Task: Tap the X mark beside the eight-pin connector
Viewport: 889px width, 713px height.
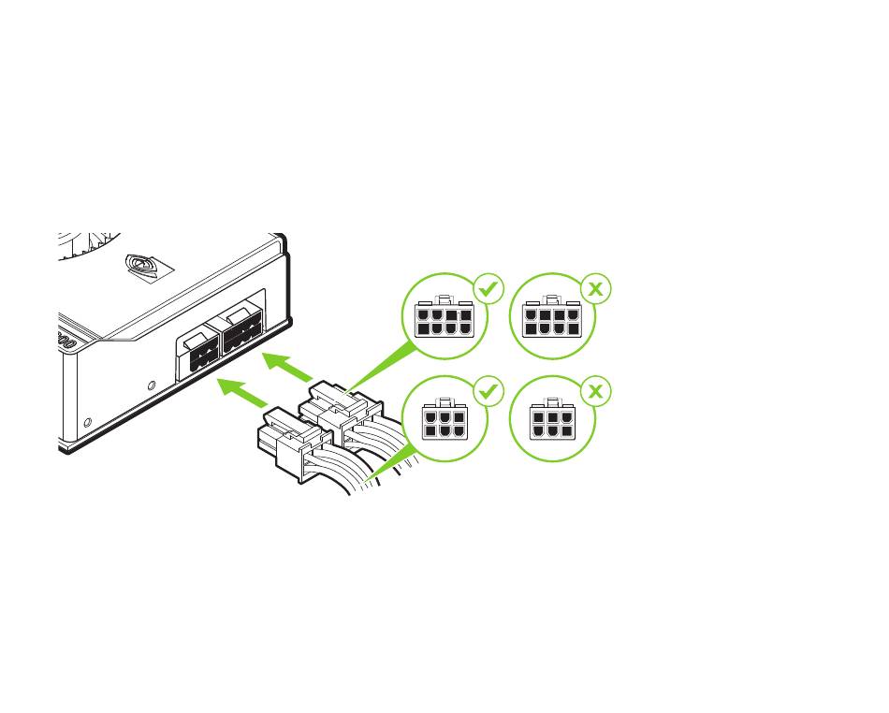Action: (594, 290)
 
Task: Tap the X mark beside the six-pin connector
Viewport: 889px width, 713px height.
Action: (594, 393)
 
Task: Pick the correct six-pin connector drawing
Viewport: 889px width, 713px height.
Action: (444, 422)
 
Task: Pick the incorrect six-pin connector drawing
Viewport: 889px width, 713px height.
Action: (552, 422)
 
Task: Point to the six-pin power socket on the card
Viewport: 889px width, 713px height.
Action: (201, 356)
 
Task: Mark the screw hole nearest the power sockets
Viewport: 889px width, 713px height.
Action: (152, 385)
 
